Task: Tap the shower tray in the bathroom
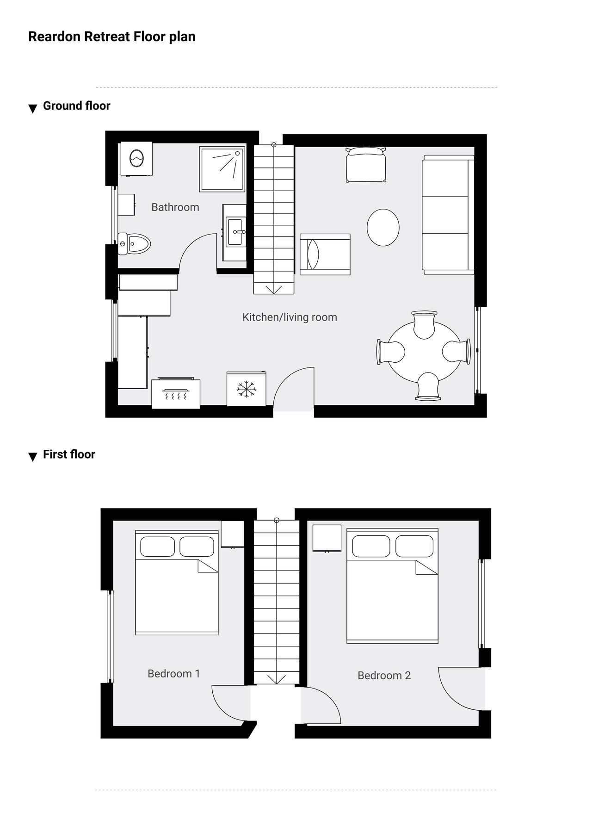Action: click(222, 169)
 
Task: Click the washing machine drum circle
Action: click(137, 158)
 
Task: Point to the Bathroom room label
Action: click(175, 207)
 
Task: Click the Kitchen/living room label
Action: click(290, 317)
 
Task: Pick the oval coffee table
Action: click(383, 227)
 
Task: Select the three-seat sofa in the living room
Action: click(448, 215)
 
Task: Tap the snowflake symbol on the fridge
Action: click(247, 389)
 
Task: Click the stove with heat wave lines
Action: click(176, 393)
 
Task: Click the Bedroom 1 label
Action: click(174, 674)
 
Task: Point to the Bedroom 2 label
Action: click(384, 676)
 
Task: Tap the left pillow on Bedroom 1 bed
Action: click(157, 546)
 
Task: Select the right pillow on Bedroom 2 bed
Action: click(414, 546)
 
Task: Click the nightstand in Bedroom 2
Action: click(327, 538)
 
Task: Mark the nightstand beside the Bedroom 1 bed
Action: click(233, 534)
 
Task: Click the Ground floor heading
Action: click(77, 106)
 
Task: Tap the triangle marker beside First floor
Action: click(32, 457)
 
